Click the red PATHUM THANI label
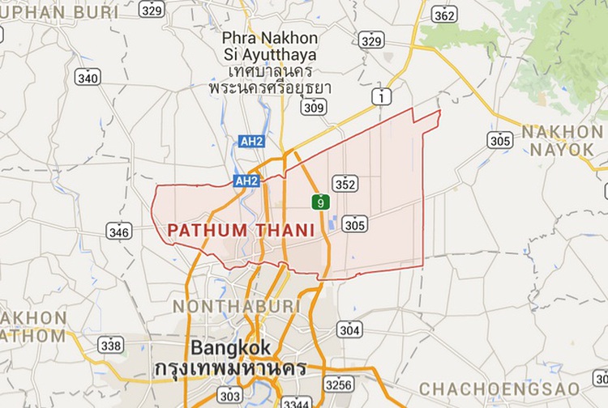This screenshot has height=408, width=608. [241, 231]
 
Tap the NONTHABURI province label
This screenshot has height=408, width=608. [236, 307]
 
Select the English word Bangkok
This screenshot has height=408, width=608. [230, 348]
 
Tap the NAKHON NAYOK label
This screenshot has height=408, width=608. [563, 140]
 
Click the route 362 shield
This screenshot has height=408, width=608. [444, 15]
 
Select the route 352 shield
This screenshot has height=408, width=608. [345, 185]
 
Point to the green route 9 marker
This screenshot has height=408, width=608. [322, 201]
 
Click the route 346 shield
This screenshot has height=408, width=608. [118, 232]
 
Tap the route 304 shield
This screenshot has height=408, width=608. [349, 329]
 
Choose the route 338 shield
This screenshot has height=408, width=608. [110, 346]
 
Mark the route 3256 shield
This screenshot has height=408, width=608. [337, 383]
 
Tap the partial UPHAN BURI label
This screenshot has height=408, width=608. [59, 13]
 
